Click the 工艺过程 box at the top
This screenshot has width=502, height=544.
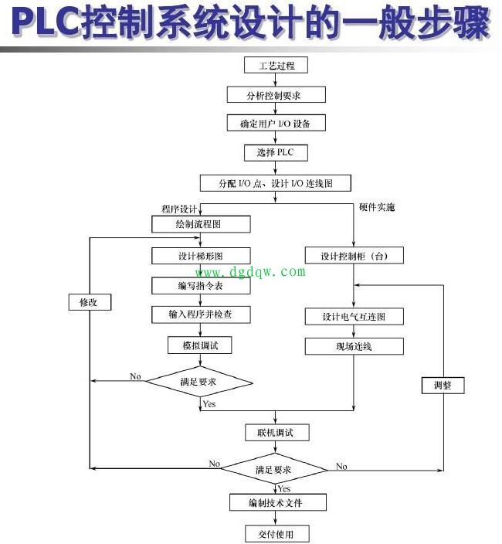[276, 66]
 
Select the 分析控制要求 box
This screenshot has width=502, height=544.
[276, 95]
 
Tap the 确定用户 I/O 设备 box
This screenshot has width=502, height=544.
[276, 124]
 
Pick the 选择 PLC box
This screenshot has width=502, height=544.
[276, 152]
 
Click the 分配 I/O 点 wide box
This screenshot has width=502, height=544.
[276, 183]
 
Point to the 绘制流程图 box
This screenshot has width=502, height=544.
[201, 225]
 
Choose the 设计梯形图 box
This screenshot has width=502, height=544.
[201, 256]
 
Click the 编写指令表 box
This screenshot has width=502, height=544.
[201, 285]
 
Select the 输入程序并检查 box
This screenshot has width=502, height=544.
[201, 314]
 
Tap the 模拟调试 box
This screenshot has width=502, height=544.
[201, 345]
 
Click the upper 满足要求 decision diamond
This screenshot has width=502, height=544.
[200, 380]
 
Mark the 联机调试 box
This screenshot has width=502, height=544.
[276, 432]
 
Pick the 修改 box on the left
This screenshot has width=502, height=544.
[90, 301]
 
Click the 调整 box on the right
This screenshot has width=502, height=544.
[443, 385]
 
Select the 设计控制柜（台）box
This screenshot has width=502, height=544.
[353, 256]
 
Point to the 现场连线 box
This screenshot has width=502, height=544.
[353, 346]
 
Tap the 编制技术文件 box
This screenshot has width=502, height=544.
[276, 503]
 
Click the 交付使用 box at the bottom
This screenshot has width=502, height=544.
[276, 533]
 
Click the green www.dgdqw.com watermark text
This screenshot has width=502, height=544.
[249, 272]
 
